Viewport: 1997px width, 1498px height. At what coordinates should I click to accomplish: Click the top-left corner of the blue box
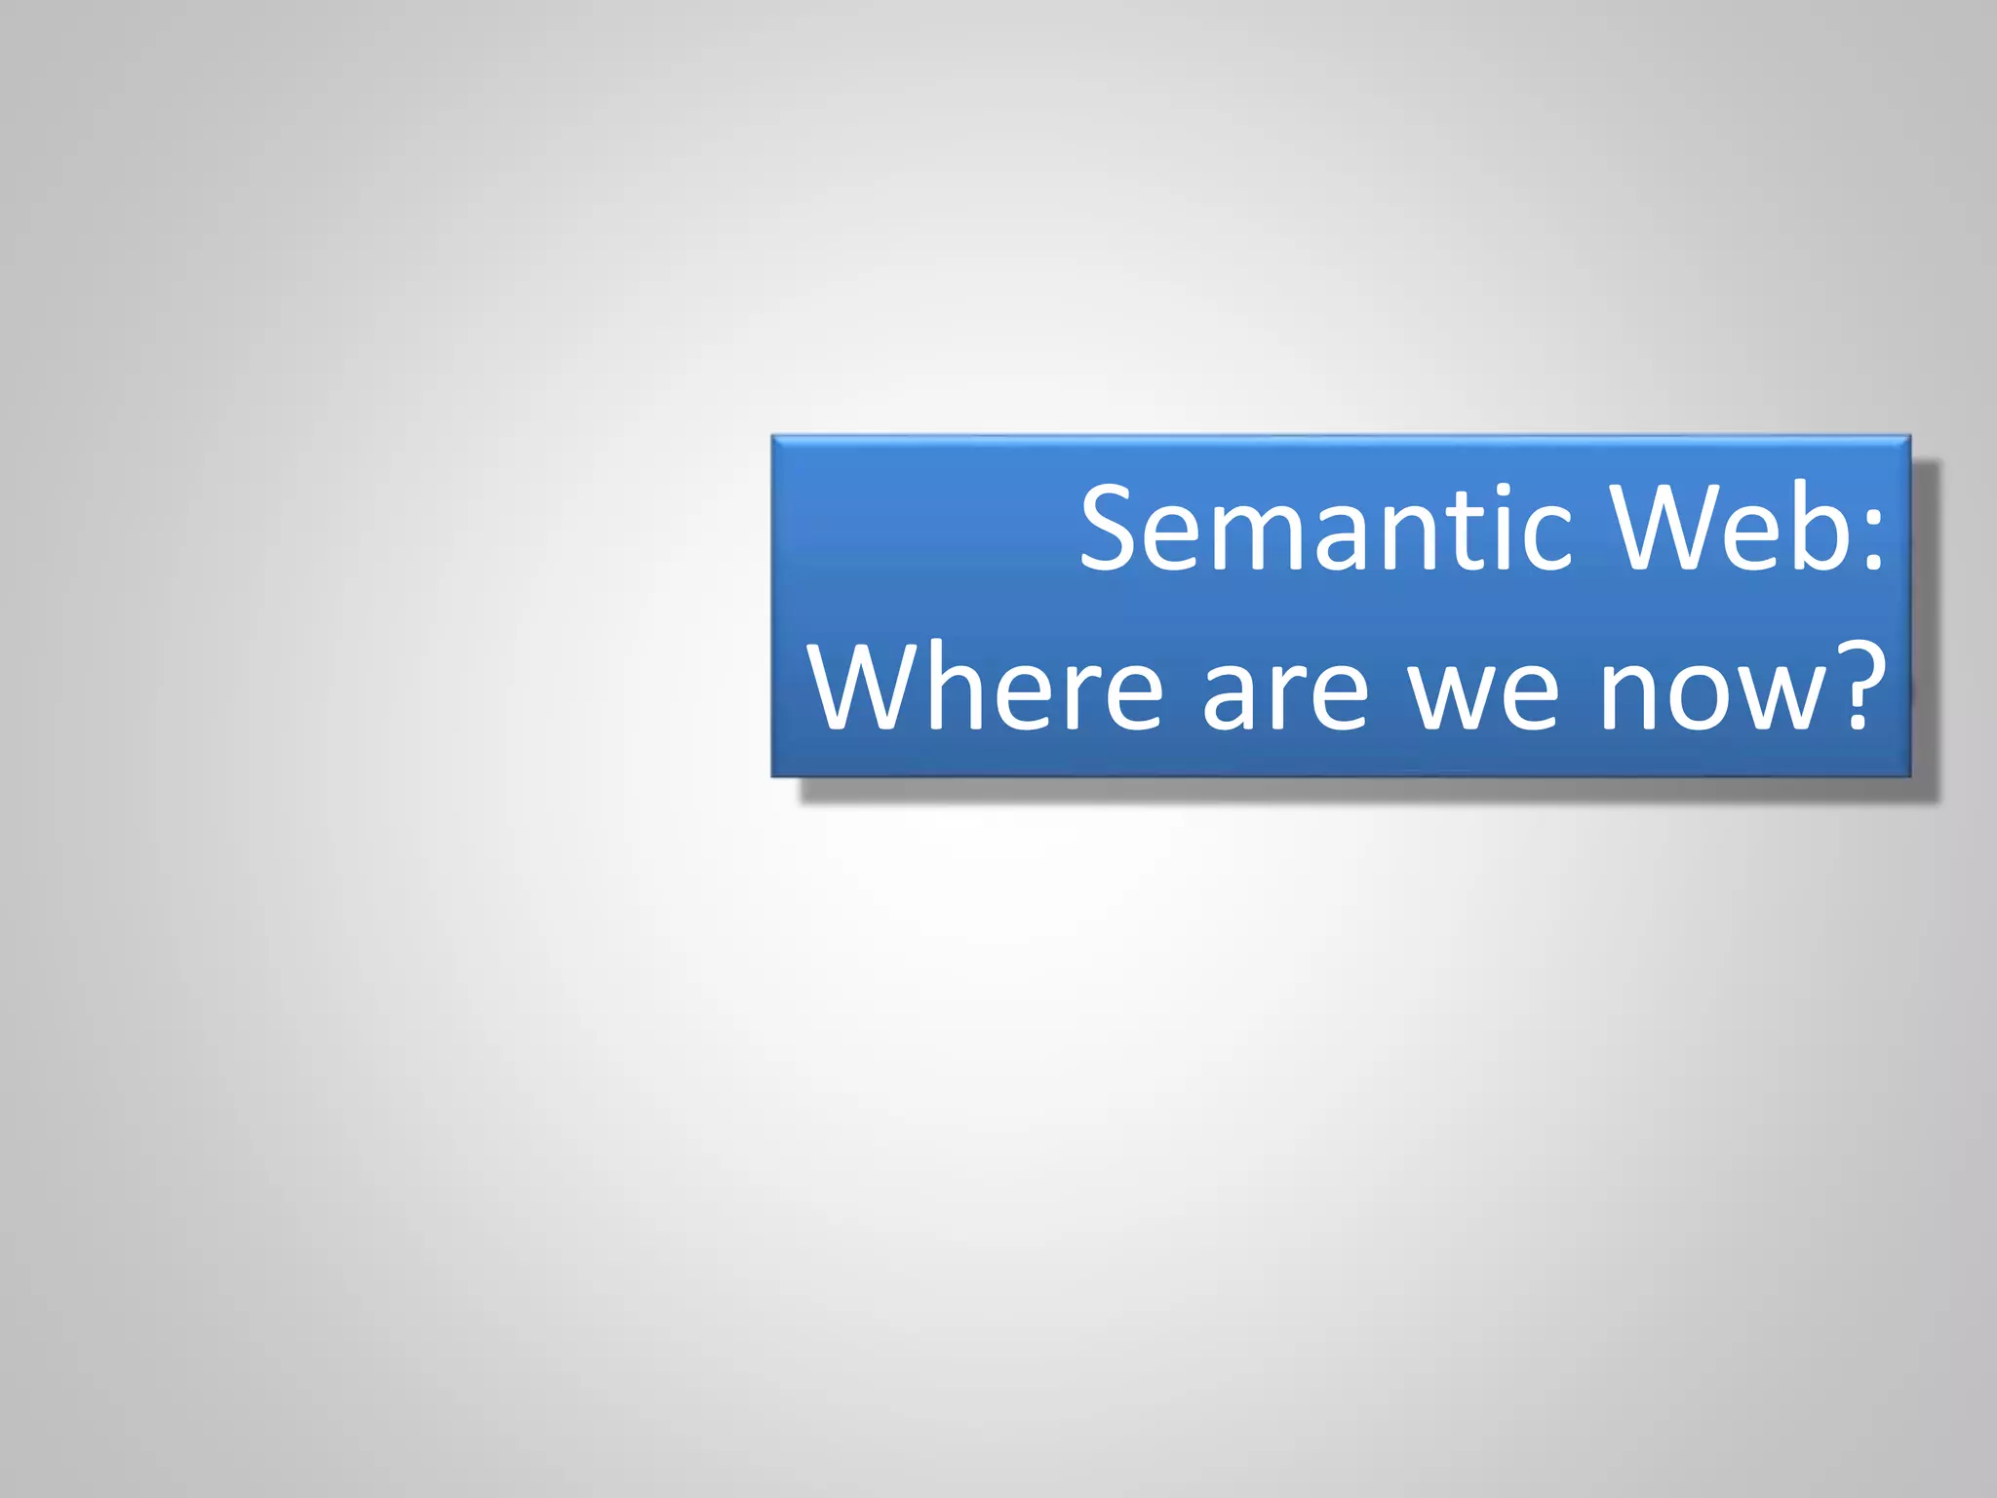[772, 436]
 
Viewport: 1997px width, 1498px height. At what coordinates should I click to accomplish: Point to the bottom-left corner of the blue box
[772, 776]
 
